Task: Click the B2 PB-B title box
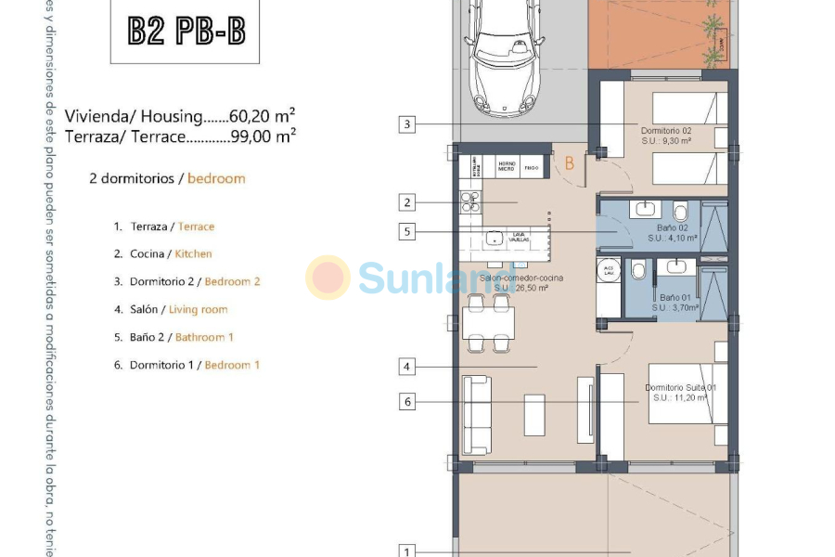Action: tap(186, 31)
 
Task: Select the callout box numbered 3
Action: tap(407, 124)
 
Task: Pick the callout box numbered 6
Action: tap(407, 402)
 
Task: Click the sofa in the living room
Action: tap(478, 414)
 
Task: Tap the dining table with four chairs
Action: tap(488, 323)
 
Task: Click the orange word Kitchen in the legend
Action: tap(193, 253)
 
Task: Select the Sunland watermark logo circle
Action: tap(328, 278)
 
